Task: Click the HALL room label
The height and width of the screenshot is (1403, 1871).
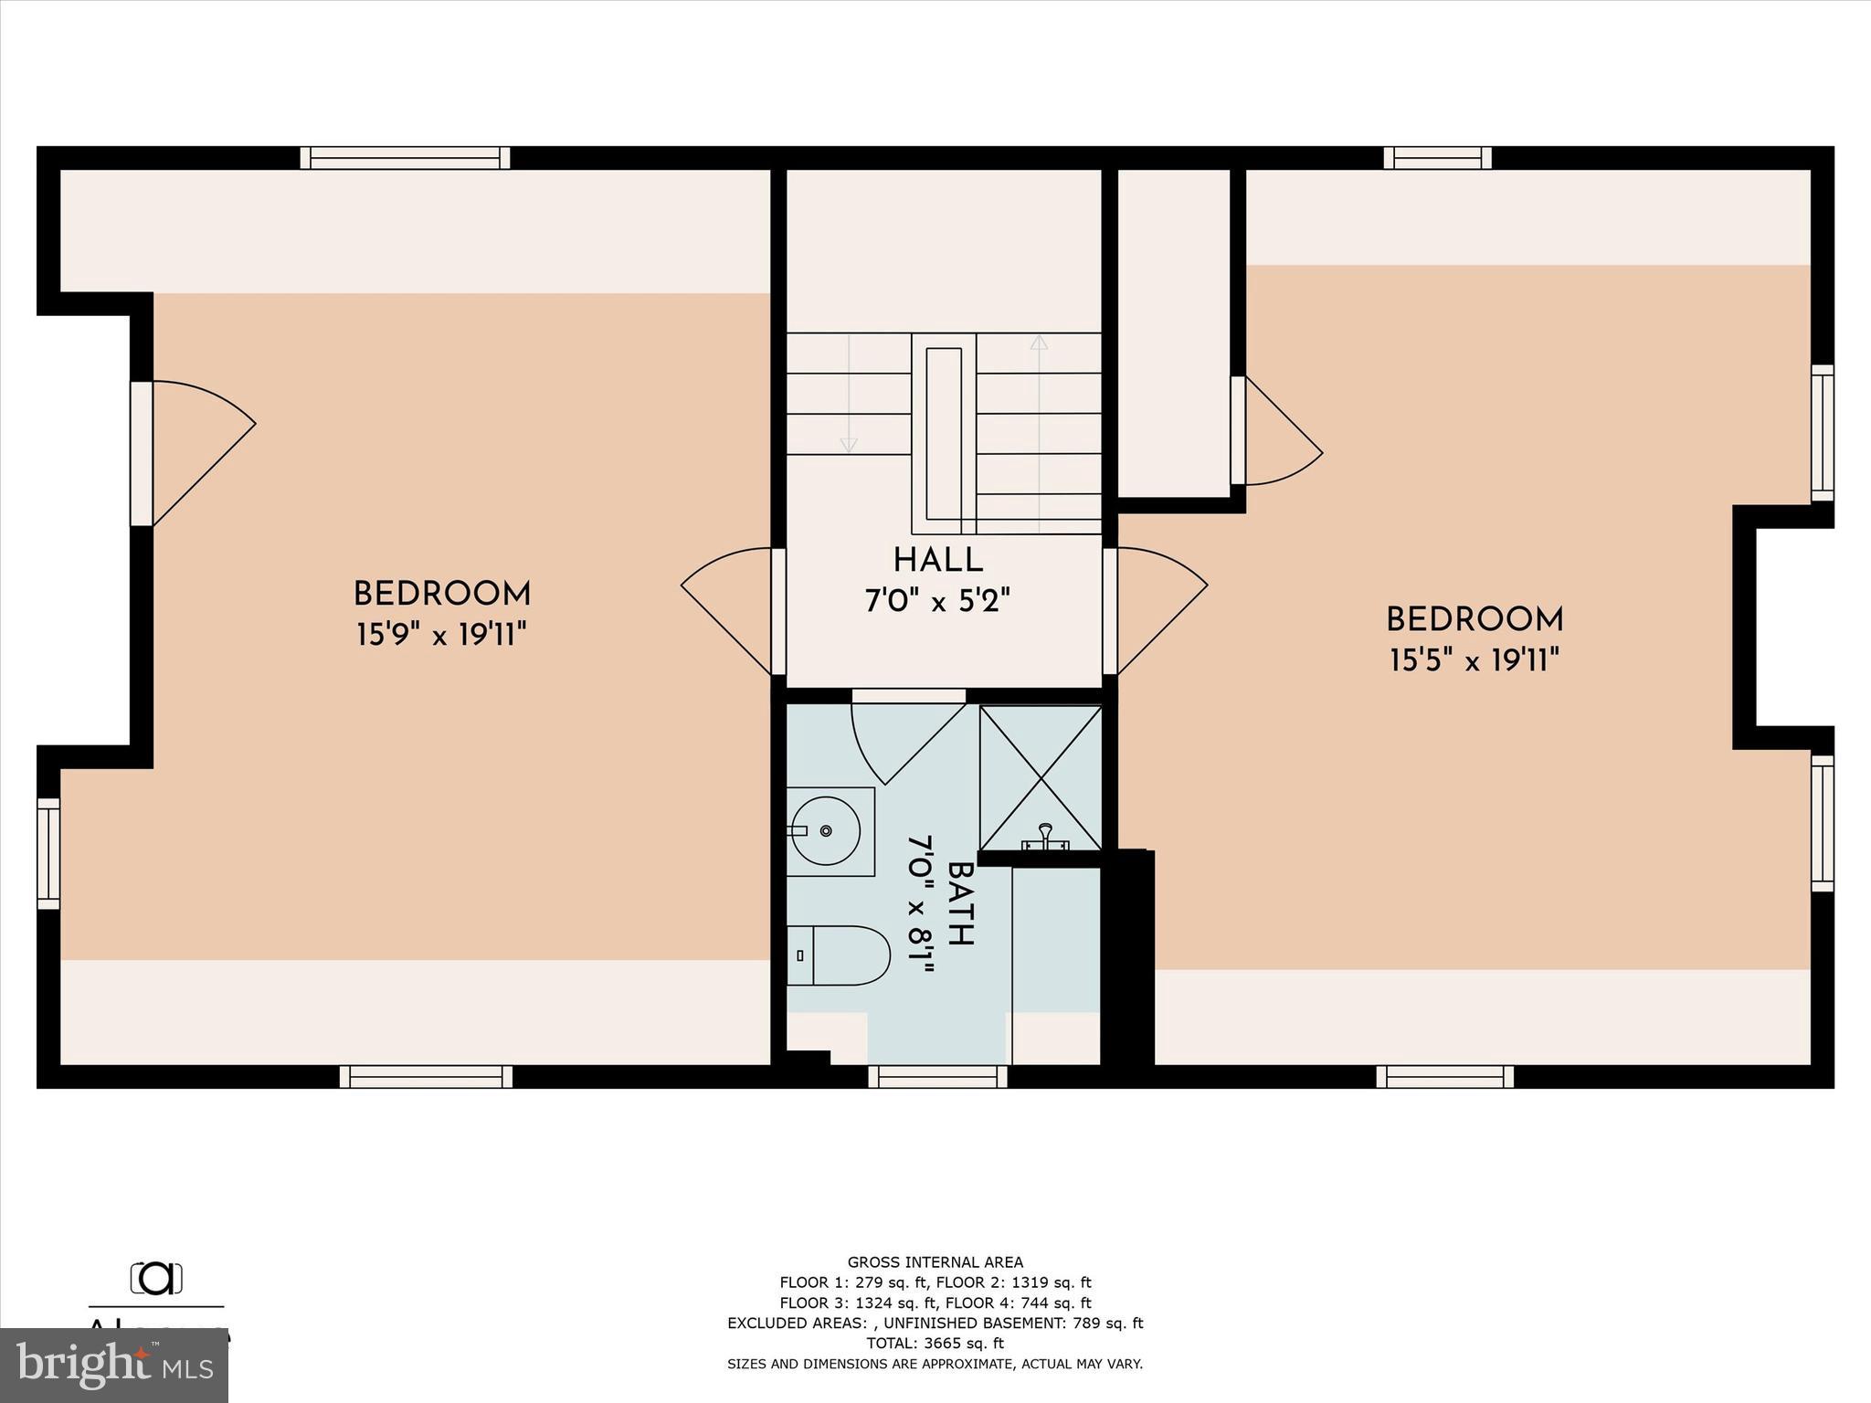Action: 937,560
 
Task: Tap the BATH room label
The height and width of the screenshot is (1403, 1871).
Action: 960,903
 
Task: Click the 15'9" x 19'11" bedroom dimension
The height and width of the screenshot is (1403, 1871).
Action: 441,634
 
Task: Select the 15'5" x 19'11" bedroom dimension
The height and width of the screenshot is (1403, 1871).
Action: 1474,659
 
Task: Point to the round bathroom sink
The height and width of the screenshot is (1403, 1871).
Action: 826,830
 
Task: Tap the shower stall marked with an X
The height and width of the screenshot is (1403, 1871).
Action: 1041,777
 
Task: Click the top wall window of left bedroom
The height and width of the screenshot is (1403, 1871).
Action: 405,158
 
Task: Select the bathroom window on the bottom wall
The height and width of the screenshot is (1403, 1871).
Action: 937,1077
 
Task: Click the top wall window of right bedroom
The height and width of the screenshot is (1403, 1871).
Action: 1437,158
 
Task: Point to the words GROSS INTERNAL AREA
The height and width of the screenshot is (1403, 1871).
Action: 935,1262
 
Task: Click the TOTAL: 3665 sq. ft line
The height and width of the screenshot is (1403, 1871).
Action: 935,1343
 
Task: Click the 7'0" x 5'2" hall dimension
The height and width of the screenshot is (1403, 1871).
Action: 937,601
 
